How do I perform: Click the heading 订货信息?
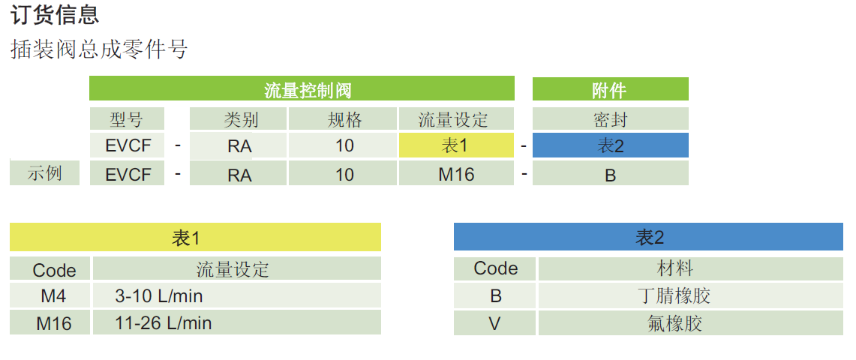(x=56, y=14)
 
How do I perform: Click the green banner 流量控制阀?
(x=302, y=90)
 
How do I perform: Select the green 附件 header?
(x=610, y=90)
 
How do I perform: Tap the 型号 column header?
(x=126, y=118)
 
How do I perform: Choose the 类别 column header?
(x=239, y=118)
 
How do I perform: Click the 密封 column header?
(x=610, y=118)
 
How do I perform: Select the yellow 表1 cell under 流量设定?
(x=456, y=145)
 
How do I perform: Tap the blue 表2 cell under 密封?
(x=610, y=145)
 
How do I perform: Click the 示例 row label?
(x=44, y=173)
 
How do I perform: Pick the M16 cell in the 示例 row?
(x=456, y=174)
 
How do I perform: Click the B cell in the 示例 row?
(x=610, y=174)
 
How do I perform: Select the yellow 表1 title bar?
(x=195, y=238)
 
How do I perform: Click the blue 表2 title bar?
(x=648, y=238)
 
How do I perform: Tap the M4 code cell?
(x=50, y=295)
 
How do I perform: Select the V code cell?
(x=495, y=323)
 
